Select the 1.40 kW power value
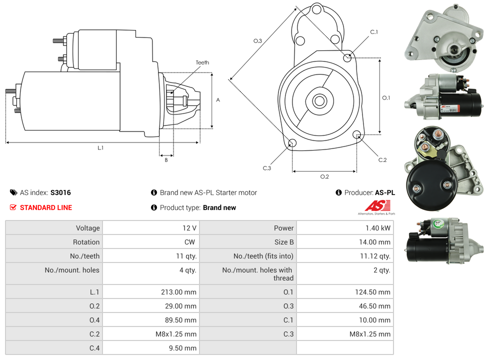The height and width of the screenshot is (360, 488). click(x=379, y=228)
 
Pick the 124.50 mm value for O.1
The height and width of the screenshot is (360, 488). click(x=372, y=292)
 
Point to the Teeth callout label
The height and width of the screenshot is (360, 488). click(x=202, y=62)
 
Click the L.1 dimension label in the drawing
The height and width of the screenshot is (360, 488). click(x=100, y=147)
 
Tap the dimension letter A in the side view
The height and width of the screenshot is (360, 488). click(x=218, y=100)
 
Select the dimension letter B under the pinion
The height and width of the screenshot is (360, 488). click(x=166, y=160)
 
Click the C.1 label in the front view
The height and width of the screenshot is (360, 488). click(x=374, y=32)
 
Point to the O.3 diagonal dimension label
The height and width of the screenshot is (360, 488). click(x=257, y=41)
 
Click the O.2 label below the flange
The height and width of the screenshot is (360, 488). click(x=324, y=176)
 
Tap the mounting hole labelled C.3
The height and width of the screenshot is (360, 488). click(x=292, y=144)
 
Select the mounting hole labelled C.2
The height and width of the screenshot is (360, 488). click(x=357, y=134)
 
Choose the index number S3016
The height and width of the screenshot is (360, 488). click(x=60, y=192)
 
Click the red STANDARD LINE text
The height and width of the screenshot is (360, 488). click(x=46, y=207)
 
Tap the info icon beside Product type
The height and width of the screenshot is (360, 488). click(x=154, y=207)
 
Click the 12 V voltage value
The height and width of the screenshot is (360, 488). click(x=189, y=228)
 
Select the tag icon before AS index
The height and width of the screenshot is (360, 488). click(x=13, y=192)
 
